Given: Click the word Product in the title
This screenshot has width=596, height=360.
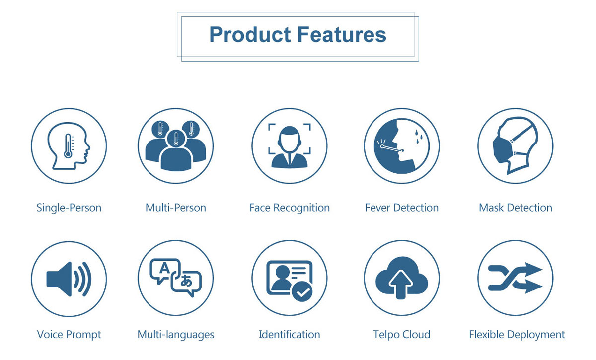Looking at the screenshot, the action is click(250, 35).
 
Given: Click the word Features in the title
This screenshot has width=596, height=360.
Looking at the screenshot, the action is click(342, 35).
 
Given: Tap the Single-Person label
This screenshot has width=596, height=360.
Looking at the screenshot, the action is click(69, 208).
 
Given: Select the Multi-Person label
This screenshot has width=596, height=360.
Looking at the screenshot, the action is click(176, 208).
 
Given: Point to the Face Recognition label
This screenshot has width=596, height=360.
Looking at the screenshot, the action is click(290, 208).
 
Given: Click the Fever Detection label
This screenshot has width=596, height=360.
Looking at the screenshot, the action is click(402, 208).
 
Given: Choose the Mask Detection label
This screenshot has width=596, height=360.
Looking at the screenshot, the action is click(516, 208).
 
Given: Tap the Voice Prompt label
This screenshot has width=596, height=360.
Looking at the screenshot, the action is click(69, 335).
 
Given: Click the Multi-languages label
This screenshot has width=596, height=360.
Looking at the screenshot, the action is click(176, 335).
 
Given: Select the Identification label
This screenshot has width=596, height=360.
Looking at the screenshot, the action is click(289, 335).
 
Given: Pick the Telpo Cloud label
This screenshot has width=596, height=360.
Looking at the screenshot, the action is click(402, 335).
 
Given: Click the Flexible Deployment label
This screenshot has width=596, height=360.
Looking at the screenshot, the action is click(517, 335).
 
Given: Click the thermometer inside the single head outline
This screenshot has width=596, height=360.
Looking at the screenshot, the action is click(69, 146).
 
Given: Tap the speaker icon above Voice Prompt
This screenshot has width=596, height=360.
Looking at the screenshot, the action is click(69, 279).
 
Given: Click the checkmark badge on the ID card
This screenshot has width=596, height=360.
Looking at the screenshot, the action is click(302, 291).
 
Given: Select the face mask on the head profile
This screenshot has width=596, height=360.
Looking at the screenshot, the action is click(502, 149).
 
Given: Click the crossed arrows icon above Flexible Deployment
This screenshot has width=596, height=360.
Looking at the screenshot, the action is click(515, 278).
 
